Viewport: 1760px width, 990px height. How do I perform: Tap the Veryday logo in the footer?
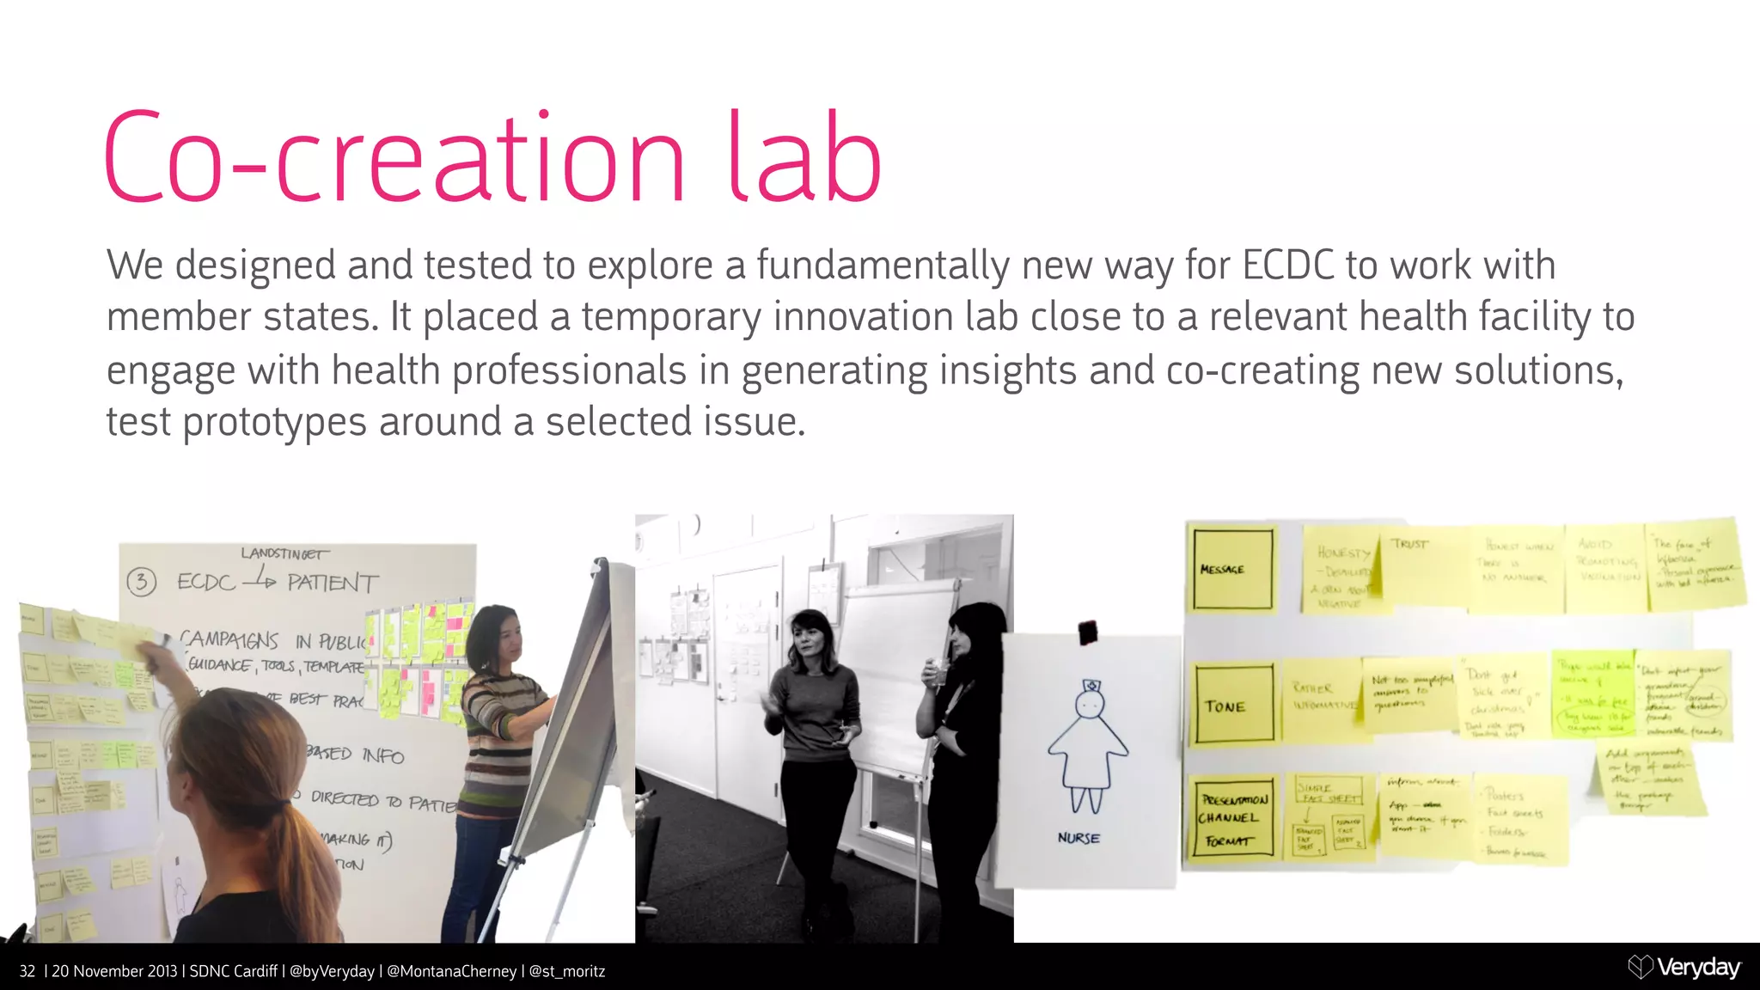(1684, 968)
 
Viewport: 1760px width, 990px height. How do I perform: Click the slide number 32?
(27, 971)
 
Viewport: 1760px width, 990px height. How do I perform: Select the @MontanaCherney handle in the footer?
(452, 971)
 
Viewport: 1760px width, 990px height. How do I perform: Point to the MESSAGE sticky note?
(1231, 569)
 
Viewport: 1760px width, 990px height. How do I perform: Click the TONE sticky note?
(1233, 706)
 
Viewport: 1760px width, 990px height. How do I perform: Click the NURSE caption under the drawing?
(1079, 838)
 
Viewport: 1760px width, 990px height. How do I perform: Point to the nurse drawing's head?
(1090, 704)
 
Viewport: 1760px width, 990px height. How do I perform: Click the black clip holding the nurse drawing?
(1087, 632)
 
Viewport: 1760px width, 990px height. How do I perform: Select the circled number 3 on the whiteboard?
(142, 583)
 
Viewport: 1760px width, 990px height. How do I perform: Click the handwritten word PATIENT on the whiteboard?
(333, 584)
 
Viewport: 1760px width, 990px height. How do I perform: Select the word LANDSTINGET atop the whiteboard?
(284, 553)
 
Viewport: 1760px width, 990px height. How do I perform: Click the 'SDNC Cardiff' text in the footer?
(233, 971)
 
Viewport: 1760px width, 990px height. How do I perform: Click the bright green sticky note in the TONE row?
(1592, 694)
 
